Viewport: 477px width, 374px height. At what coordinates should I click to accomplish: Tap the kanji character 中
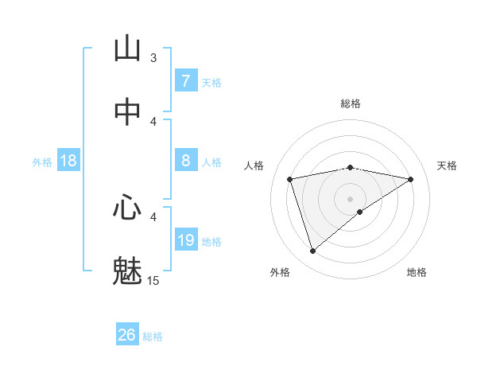127,113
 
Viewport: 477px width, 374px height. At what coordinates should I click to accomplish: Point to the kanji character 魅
127,271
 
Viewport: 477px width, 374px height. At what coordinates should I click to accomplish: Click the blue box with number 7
185,80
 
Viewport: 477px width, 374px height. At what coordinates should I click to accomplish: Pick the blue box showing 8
185,161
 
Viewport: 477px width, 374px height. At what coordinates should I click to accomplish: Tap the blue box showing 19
185,240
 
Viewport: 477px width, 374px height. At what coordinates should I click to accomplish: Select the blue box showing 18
68,161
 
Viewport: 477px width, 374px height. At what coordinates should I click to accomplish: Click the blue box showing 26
127,335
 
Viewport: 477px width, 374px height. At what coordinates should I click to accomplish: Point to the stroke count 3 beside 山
153,57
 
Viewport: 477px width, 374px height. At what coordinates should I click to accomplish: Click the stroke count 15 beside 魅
153,280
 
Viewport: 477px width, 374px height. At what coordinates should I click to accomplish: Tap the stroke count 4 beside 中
153,122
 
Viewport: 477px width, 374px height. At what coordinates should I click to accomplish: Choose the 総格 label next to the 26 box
153,337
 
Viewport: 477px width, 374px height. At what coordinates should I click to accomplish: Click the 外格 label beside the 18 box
42,162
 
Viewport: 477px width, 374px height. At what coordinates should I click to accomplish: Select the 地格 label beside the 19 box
211,242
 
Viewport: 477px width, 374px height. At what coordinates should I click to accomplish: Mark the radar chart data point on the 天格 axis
411,179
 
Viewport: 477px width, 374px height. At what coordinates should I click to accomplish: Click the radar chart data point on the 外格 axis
312,251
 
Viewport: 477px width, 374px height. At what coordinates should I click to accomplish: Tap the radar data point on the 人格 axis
290,179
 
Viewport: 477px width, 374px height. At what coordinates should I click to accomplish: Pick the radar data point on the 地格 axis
360,212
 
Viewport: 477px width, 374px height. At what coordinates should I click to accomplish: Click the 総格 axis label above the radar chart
351,103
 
